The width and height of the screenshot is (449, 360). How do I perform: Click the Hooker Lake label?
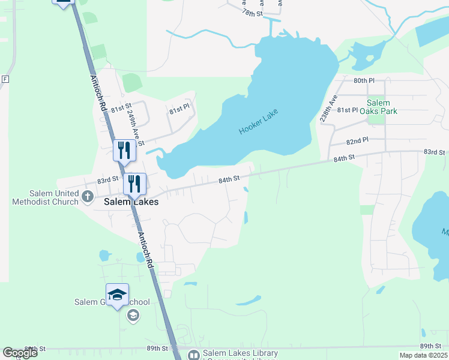click(x=259, y=122)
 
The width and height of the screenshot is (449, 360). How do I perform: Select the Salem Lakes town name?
click(x=131, y=202)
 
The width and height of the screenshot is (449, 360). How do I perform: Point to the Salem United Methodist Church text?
click(x=46, y=197)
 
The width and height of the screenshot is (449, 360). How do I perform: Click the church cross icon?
click(x=87, y=196)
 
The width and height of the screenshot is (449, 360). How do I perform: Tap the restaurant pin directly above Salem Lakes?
click(x=134, y=184)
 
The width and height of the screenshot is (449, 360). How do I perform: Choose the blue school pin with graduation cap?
click(x=118, y=294)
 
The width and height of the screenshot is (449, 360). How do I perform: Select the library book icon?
click(x=193, y=355)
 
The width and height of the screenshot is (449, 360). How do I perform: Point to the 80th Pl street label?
click(x=364, y=80)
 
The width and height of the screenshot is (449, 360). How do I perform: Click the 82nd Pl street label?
click(x=357, y=140)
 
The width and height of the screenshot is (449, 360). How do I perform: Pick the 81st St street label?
click(x=120, y=107)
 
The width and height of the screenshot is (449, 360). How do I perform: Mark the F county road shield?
click(x=5, y=79)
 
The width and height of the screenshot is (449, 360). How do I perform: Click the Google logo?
click(x=20, y=353)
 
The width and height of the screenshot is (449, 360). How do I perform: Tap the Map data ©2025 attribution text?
click(x=423, y=355)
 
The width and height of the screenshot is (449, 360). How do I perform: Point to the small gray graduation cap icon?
click(x=133, y=316)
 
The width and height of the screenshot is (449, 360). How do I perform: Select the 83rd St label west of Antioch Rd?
click(x=108, y=179)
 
